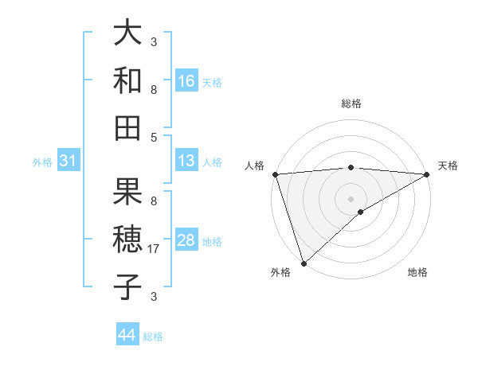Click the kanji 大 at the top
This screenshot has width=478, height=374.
(127, 33)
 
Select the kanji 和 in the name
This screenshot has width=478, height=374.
(127, 80)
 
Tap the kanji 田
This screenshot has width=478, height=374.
(127, 127)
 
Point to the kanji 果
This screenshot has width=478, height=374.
(127, 192)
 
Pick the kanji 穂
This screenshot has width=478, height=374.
(127, 240)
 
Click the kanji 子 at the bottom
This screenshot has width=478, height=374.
(127, 286)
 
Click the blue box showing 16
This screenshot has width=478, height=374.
(186, 81)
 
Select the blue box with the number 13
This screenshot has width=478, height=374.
(186, 161)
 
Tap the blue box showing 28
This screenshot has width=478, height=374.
(186, 240)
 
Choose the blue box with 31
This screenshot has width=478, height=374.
(68, 162)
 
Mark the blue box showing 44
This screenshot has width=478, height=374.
(127, 335)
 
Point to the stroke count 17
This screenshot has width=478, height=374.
(155, 249)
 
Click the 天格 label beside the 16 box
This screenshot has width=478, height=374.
(212, 82)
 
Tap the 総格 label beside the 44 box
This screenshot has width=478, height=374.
(153, 336)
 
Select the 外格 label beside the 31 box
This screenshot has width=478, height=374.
(42, 162)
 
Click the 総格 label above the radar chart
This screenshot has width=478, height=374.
(351, 103)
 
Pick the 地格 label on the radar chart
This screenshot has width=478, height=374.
(417, 273)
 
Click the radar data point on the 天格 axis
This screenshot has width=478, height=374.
(428, 174)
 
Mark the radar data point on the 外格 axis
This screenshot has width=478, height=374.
(304, 263)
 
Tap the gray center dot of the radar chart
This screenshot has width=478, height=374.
(351, 197)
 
